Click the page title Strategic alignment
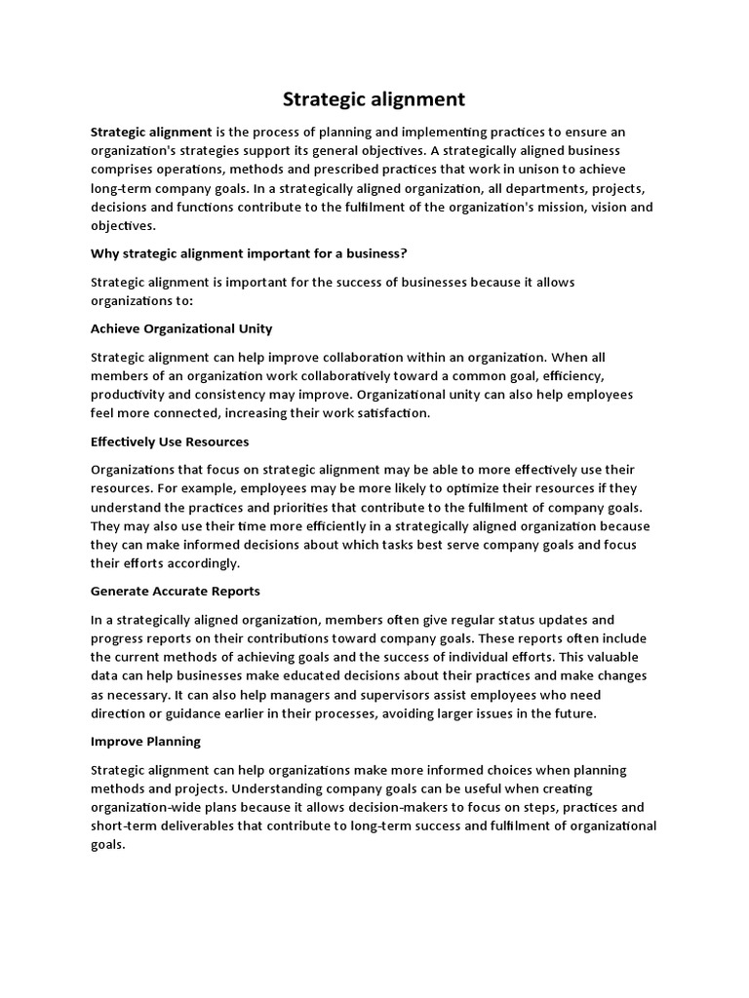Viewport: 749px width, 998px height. (x=374, y=99)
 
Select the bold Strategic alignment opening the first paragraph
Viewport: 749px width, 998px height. (x=151, y=132)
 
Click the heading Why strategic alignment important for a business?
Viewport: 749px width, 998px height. (x=249, y=253)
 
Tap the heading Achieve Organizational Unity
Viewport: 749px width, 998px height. (x=181, y=328)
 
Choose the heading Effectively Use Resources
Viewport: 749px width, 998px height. (x=170, y=441)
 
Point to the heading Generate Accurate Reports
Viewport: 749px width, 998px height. (x=176, y=592)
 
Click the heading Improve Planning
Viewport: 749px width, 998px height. (x=145, y=742)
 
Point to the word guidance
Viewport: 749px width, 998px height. (x=200, y=713)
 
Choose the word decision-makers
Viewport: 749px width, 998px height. (x=421, y=808)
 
